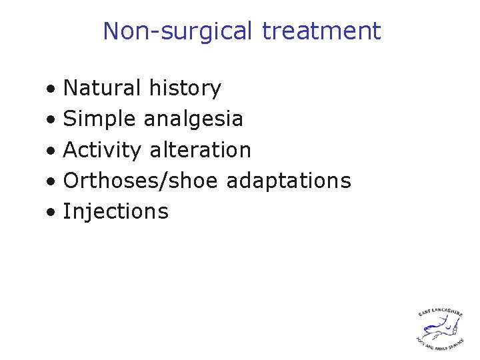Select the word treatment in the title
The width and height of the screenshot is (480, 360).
[x=321, y=31]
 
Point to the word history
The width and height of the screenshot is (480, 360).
[x=185, y=88]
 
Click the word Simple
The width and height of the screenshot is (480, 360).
[x=100, y=119]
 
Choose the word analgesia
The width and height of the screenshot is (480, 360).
[x=193, y=119]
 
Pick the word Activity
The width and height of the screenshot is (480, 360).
[x=102, y=150]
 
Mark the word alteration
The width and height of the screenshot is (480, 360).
[x=201, y=150]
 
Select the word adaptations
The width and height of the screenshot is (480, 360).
[x=289, y=181]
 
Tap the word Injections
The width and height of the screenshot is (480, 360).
[x=115, y=211]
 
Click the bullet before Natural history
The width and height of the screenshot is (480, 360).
[x=51, y=89]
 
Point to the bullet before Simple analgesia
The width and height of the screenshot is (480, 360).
[x=51, y=120]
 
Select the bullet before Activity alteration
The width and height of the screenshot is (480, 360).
[x=51, y=151]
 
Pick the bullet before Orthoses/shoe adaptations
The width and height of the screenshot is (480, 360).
[x=51, y=182]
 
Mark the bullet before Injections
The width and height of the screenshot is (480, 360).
[x=51, y=213]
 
